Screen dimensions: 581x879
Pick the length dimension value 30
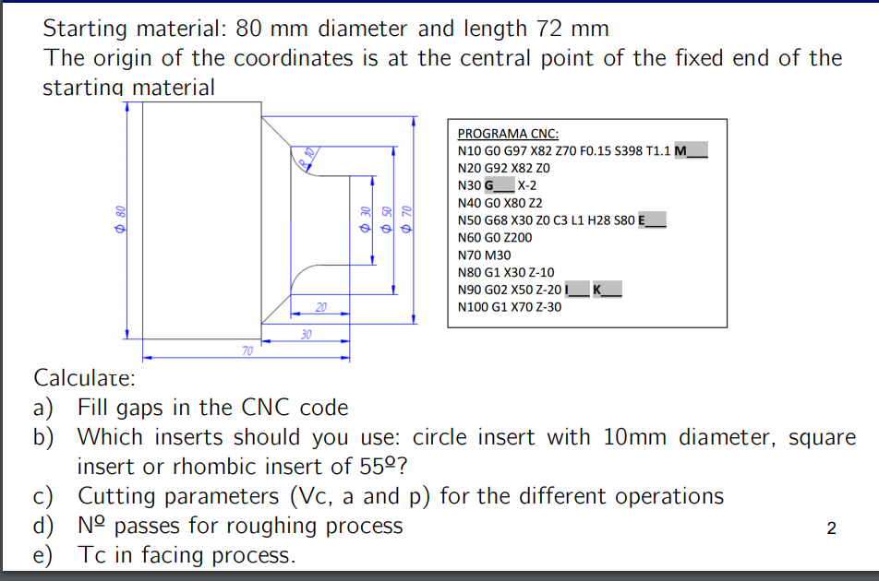point(307,332)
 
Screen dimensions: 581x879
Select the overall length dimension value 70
point(247,350)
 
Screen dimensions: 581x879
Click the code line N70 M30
point(484,255)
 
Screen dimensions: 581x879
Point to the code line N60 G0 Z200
point(495,237)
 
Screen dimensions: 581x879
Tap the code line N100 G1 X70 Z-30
point(510,306)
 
